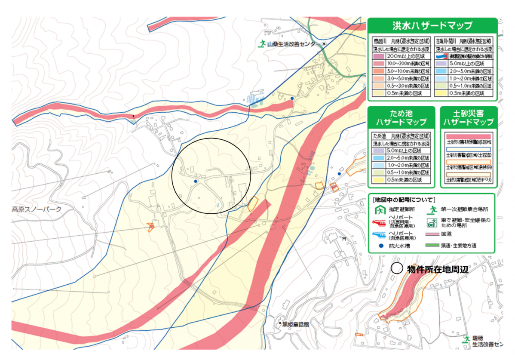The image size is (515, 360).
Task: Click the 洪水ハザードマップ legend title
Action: [x=432, y=25]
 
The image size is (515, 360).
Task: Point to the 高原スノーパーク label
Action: [x=37, y=209]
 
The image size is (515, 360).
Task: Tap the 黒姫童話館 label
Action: [x=297, y=324]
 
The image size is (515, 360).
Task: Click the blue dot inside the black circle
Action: [x=196, y=182]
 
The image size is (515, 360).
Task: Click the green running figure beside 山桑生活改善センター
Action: [x=261, y=43]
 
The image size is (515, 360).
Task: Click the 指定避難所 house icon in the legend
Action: [x=380, y=210]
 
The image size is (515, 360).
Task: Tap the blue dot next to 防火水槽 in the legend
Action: [x=380, y=246]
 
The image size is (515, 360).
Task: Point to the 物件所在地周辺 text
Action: [x=437, y=270]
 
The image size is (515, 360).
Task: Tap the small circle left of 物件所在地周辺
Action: [x=397, y=269]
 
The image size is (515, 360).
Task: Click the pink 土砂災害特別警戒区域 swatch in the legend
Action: [x=469, y=135]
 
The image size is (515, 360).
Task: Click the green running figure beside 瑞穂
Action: [x=466, y=339]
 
